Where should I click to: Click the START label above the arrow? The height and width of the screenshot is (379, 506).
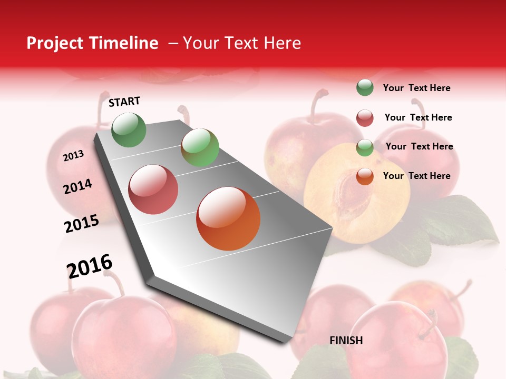(x=124, y=102)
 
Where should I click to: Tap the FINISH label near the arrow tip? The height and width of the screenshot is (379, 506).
(x=346, y=341)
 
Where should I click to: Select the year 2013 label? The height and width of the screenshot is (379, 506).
(x=73, y=156)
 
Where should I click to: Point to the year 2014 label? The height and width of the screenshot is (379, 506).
(x=77, y=187)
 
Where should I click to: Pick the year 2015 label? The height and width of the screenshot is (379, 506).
(x=82, y=224)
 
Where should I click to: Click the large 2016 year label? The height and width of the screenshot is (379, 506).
(x=90, y=266)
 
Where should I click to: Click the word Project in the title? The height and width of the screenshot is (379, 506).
(x=55, y=43)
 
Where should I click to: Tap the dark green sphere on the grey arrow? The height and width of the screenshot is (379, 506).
(x=129, y=129)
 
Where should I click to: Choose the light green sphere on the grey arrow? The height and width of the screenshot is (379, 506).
(x=200, y=147)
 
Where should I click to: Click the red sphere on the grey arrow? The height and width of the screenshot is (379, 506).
(x=153, y=189)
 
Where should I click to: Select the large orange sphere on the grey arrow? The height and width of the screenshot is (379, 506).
(x=228, y=218)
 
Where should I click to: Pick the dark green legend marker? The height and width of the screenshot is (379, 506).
(x=365, y=88)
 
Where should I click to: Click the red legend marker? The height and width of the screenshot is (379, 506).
(x=365, y=118)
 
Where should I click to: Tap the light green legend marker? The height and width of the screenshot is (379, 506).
(x=365, y=147)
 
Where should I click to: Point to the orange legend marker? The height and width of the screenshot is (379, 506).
(x=365, y=176)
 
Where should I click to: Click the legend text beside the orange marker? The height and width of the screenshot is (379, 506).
(x=417, y=176)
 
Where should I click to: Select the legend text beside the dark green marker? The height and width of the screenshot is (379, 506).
(x=417, y=88)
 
